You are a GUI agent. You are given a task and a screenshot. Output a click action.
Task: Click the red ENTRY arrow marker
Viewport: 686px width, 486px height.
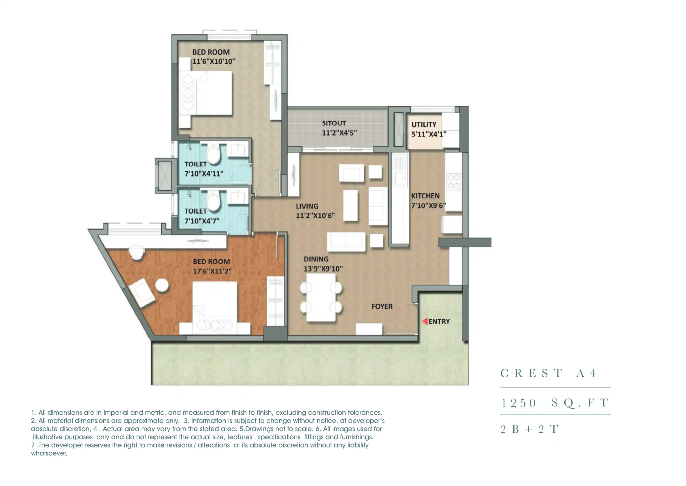(x=425, y=321)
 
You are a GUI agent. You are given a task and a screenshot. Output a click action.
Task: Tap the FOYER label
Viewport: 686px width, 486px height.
(x=382, y=306)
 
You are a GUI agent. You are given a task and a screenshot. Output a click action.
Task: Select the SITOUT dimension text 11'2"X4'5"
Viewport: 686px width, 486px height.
(x=339, y=133)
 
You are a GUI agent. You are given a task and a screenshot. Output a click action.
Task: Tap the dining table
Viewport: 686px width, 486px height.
(x=321, y=298)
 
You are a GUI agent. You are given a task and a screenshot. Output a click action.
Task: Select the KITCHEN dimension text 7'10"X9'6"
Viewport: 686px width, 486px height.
(x=428, y=205)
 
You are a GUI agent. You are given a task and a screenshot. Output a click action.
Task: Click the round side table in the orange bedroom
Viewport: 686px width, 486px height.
(x=162, y=285)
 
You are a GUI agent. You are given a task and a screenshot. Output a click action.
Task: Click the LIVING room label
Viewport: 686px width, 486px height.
(x=307, y=206)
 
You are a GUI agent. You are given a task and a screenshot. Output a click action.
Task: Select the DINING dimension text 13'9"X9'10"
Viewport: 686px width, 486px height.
(x=323, y=269)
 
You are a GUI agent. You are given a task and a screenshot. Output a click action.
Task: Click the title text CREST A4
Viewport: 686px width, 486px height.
(x=548, y=373)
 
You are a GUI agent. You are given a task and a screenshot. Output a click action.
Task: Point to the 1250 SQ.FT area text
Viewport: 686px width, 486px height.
(x=555, y=403)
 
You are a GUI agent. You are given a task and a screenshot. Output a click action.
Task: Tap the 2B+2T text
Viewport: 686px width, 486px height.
(x=529, y=429)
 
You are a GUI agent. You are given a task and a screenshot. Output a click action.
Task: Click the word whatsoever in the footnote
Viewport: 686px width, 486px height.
(x=49, y=453)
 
